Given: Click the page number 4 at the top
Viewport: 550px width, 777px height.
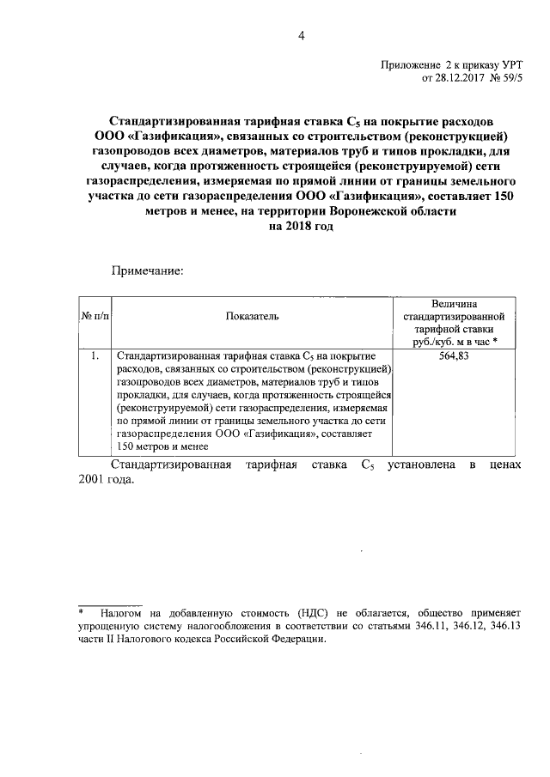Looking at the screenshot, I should pos(301,35).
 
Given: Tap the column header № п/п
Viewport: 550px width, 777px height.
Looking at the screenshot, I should pos(95,317).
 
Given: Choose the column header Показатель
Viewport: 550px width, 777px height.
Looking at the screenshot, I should pos(252,317).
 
